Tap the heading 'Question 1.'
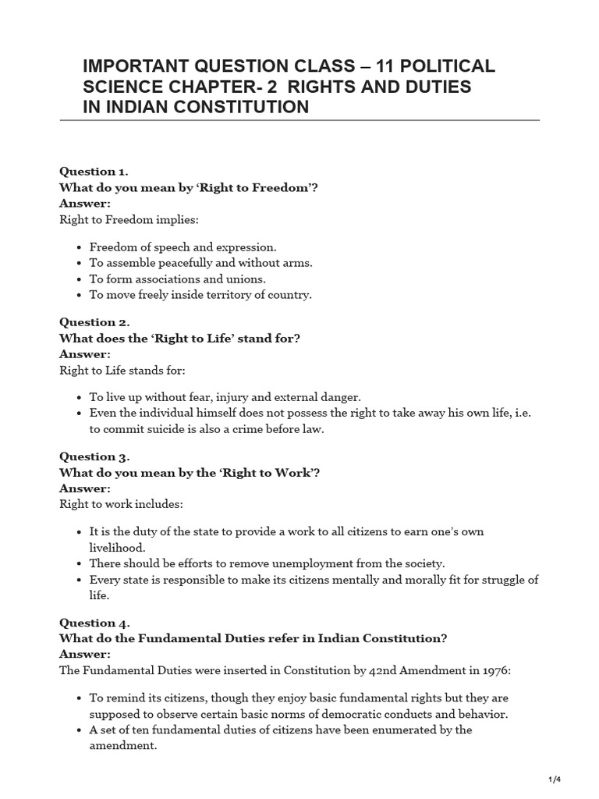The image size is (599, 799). coord(94,172)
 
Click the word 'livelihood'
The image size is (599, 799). coord(118,547)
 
